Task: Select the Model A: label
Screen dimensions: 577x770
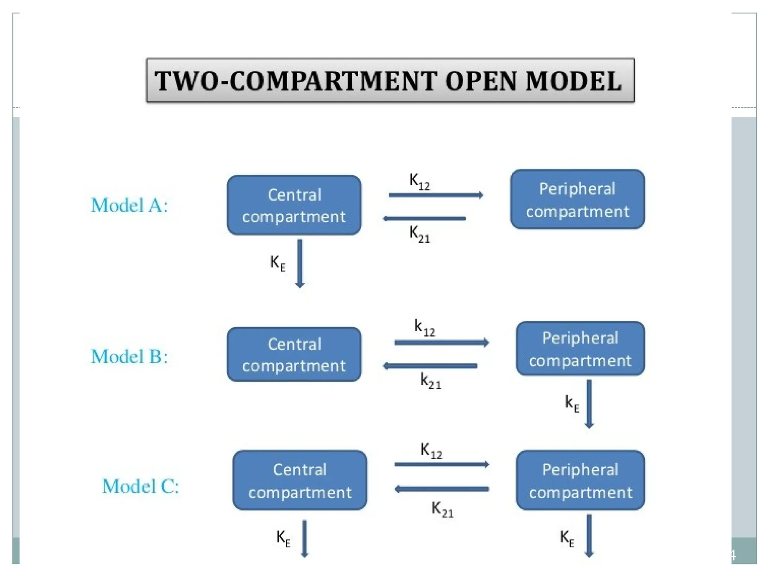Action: pos(129,205)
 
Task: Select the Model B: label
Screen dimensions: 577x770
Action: pos(129,356)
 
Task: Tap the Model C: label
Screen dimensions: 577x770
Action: pos(141,486)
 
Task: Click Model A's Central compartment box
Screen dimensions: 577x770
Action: pos(294,205)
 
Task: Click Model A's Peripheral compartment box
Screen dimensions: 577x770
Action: pos(577,199)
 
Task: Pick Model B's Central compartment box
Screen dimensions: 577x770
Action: pos(294,354)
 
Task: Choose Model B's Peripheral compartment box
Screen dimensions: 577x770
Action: pos(580,349)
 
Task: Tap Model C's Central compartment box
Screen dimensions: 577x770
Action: pos(300,480)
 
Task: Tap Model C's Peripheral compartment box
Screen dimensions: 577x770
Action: pos(580,480)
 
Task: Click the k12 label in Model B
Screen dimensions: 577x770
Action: pos(424,327)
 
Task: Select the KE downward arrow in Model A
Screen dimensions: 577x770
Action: pos(300,263)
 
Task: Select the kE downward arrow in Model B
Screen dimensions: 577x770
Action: pos(589,404)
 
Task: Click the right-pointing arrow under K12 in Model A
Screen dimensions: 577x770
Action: pos(435,195)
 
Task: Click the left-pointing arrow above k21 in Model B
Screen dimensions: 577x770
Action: pos(430,366)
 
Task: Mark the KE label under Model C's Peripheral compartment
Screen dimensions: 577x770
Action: pos(567,538)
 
